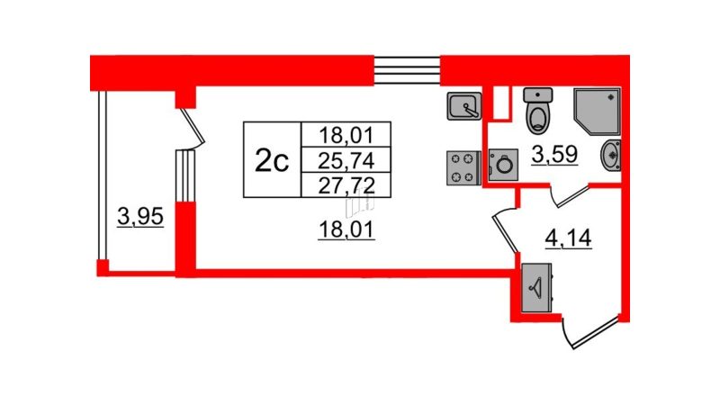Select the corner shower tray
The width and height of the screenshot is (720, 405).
click(x=596, y=111)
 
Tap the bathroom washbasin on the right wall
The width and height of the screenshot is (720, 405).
click(x=611, y=155)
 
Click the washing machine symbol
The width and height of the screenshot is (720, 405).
click(x=503, y=165)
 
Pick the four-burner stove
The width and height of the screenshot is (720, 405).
click(x=463, y=168)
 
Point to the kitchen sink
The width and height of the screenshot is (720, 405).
click(x=463, y=106)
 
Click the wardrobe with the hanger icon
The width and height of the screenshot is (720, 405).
click(x=537, y=288)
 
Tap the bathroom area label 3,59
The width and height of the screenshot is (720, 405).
click(x=554, y=155)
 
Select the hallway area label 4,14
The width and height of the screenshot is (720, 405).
click(x=569, y=238)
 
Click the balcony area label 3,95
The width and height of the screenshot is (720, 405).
click(x=140, y=216)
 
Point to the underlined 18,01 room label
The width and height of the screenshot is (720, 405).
click(x=346, y=229)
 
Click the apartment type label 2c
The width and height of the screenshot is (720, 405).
click(x=272, y=161)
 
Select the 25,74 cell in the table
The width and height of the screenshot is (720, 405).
click(x=346, y=161)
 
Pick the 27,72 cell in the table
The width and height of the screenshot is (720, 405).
click(x=346, y=185)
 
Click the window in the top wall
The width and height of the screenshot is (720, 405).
click(x=407, y=70)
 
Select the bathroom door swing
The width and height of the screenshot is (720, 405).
click(x=570, y=196)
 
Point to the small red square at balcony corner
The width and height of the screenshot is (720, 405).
click(x=103, y=266)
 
